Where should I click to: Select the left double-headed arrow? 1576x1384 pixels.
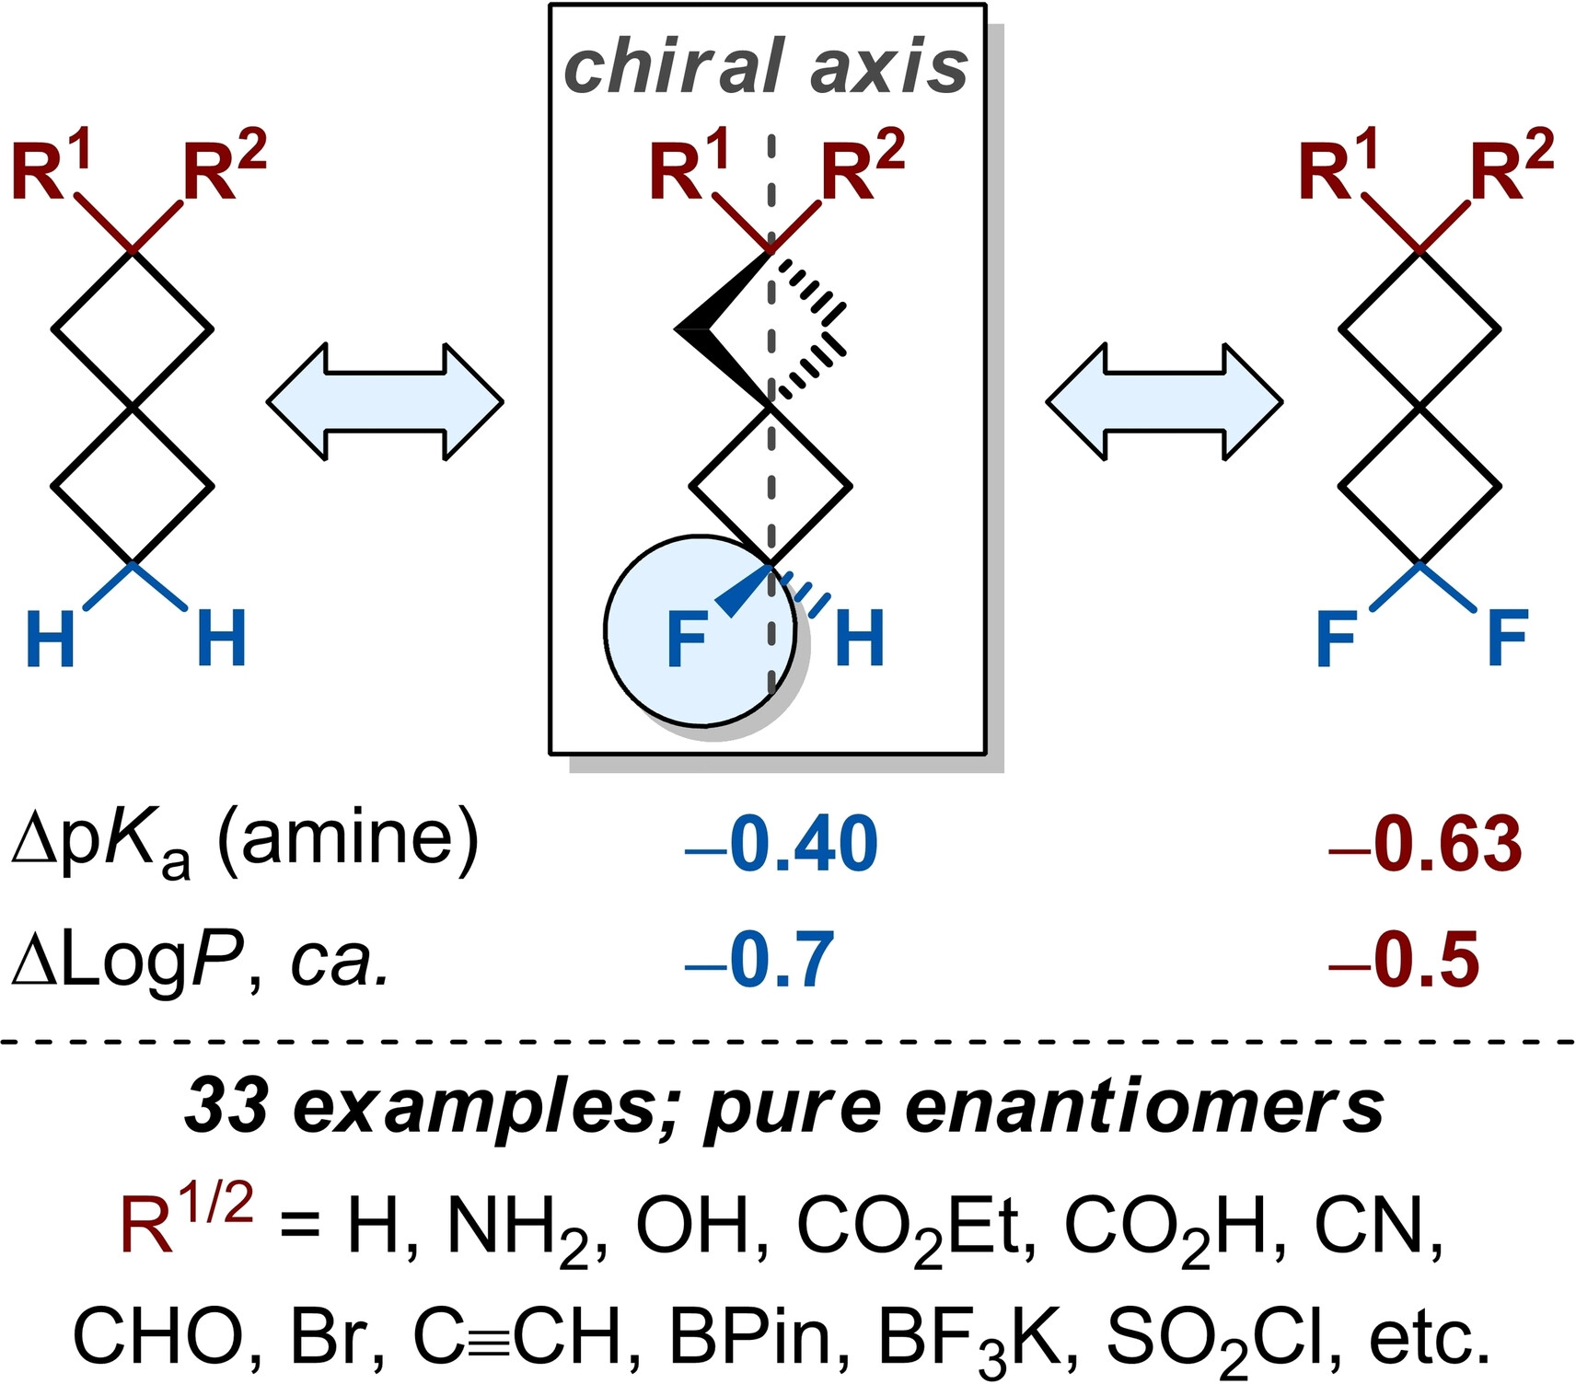click(x=385, y=402)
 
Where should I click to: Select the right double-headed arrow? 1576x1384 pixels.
click(x=1164, y=402)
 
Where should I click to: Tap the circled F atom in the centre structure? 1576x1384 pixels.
click(x=687, y=640)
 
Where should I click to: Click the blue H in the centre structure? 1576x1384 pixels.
click(x=859, y=638)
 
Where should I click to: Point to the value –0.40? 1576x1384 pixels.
click(x=782, y=844)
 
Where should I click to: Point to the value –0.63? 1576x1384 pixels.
click(x=1425, y=844)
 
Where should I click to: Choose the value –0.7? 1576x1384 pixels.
click(x=759, y=961)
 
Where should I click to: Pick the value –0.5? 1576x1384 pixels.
click(x=1404, y=961)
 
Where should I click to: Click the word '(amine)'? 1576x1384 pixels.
click(x=348, y=839)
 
